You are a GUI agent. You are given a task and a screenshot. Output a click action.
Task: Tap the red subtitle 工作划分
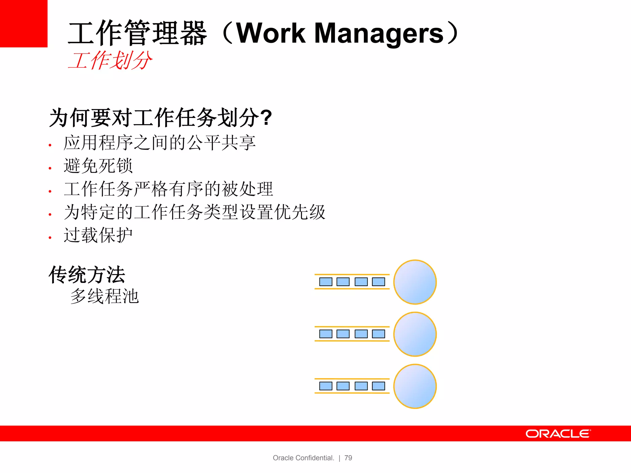pyautogui.click(x=110, y=60)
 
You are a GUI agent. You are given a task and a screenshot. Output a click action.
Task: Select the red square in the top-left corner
pyautogui.click(x=23, y=23)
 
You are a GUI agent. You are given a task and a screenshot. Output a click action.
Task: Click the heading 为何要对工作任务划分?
pyautogui.click(x=160, y=118)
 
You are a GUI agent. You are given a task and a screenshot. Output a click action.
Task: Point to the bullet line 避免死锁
pyautogui.click(x=98, y=166)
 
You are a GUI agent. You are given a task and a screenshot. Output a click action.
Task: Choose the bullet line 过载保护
pyautogui.click(x=98, y=235)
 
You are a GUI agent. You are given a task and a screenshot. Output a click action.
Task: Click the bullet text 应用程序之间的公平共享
pyautogui.click(x=159, y=143)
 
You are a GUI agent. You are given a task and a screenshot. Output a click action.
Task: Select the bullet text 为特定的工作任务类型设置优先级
pyautogui.click(x=194, y=212)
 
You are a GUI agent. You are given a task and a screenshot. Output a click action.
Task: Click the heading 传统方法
pyautogui.click(x=87, y=275)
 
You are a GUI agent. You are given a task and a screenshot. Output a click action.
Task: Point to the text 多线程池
pyautogui.click(x=104, y=296)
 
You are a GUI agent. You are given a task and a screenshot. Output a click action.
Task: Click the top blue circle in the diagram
pyautogui.click(x=415, y=282)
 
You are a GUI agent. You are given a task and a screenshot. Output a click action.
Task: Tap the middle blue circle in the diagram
pyautogui.click(x=415, y=334)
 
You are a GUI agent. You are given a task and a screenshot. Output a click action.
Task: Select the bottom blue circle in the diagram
pyautogui.click(x=415, y=386)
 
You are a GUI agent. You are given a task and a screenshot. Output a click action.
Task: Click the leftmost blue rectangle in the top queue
pyautogui.click(x=326, y=282)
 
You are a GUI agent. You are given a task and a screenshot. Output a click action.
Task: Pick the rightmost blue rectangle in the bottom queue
pyautogui.click(x=378, y=386)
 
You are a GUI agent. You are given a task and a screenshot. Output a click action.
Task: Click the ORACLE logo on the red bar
pyautogui.click(x=558, y=434)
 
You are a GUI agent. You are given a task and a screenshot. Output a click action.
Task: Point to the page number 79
pyautogui.click(x=348, y=458)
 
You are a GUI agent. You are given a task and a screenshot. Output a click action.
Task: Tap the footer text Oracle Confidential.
pyautogui.click(x=303, y=458)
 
